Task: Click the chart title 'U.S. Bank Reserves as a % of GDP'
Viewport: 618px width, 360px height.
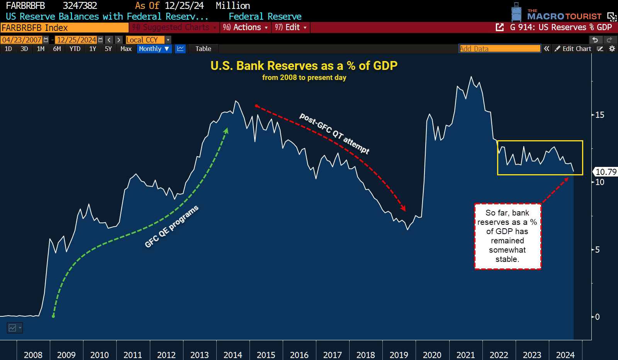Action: point(304,66)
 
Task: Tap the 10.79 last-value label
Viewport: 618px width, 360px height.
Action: point(606,172)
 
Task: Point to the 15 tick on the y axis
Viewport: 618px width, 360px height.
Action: point(599,115)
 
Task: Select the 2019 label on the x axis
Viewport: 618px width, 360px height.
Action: point(399,355)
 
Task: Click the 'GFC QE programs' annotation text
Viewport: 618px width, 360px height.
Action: point(171,227)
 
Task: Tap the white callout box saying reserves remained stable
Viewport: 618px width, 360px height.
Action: point(507,236)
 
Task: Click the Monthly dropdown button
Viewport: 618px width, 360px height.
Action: point(154,49)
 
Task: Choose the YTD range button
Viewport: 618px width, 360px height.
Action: point(75,49)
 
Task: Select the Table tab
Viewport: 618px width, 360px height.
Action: point(203,49)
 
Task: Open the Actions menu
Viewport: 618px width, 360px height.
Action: point(246,27)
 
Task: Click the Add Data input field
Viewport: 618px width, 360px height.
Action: point(499,49)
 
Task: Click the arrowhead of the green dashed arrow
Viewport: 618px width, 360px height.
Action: point(227,131)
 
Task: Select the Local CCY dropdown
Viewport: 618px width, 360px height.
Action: point(148,40)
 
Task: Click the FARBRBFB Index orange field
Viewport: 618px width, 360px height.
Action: point(65,28)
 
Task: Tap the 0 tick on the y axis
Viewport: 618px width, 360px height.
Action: point(597,317)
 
